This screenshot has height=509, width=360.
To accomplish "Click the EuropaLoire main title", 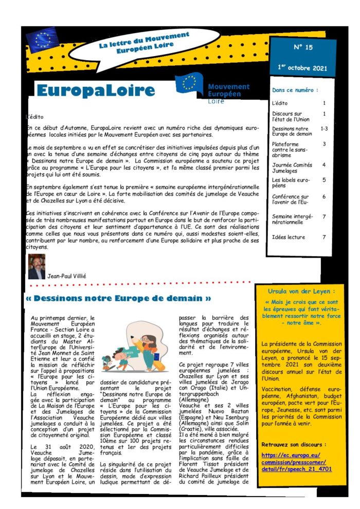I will tap(96, 91).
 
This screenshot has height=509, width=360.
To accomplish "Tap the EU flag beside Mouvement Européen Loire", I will tap(189, 83).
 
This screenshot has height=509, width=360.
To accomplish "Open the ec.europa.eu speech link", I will tap(296, 462).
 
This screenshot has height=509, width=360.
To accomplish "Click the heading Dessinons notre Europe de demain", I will tap(118, 298).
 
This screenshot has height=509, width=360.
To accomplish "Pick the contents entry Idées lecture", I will tap(289, 237).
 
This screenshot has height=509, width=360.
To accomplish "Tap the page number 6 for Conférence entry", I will tap(324, 196).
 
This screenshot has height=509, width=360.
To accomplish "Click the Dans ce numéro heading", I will tap(295, 89).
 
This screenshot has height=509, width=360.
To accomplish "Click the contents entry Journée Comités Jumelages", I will tap(292, 168).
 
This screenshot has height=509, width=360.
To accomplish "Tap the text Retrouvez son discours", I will tap(293, 444).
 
